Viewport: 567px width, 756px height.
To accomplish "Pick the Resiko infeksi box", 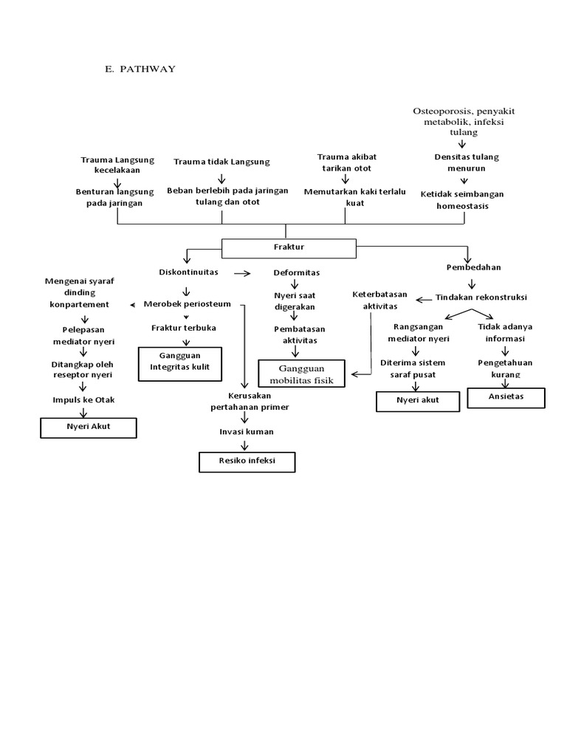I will (x=247, y=462).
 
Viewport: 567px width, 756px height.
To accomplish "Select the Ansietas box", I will (x=506, y=398).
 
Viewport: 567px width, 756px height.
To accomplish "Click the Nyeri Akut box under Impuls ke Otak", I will (x=87, y=427).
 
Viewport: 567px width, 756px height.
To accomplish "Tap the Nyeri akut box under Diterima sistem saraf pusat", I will (x=418, y=401).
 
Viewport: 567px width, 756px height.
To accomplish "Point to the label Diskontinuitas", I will (x=188, y=272).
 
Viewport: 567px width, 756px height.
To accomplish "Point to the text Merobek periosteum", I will (x=187, y=303).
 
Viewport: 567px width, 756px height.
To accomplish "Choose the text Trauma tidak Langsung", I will (x=222, y=162).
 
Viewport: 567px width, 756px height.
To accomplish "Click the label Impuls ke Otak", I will (x=83, y=399).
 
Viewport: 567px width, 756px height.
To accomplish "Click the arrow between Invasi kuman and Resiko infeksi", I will (x=245, y=445).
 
